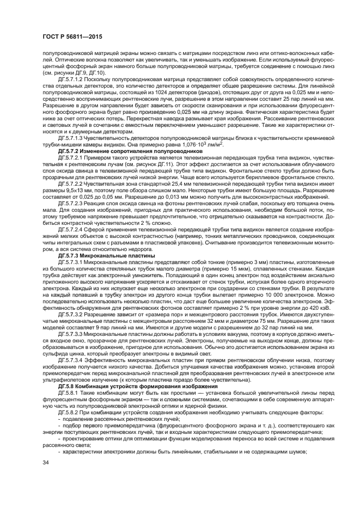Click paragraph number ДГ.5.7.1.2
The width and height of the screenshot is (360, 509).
coord(71,79)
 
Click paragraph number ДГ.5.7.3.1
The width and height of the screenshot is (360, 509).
coord(71,261)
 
